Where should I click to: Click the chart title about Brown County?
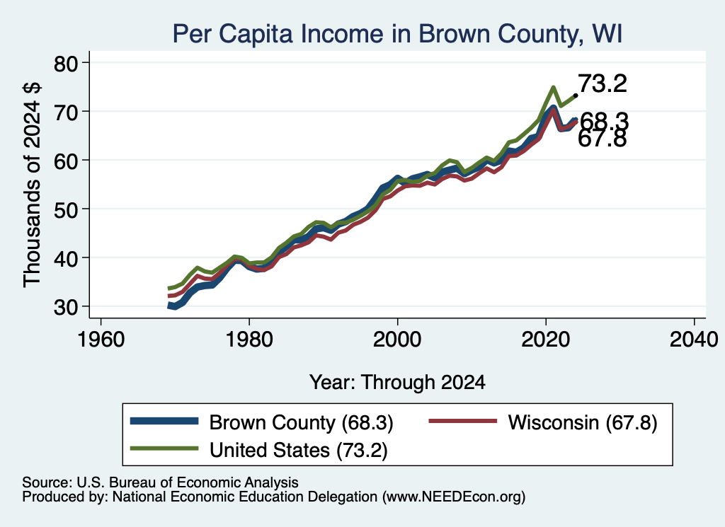[398, 34]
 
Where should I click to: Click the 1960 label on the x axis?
[101, 340]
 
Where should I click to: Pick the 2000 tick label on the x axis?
[397, 340]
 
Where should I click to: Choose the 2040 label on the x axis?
[694, 340]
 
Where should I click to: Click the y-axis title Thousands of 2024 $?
[32, 185]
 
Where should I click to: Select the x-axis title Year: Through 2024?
[397, 383]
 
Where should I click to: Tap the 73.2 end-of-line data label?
[602, 83]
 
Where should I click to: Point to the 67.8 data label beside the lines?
[602, 138]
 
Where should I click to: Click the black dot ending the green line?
[575, 95]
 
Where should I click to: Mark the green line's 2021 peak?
[553, 87]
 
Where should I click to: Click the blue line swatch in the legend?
[164, 421]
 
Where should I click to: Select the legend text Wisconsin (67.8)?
[583, 422]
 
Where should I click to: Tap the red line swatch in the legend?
[463, 421]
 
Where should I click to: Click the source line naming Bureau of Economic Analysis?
[160, 482]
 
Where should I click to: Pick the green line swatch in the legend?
[164, 448]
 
